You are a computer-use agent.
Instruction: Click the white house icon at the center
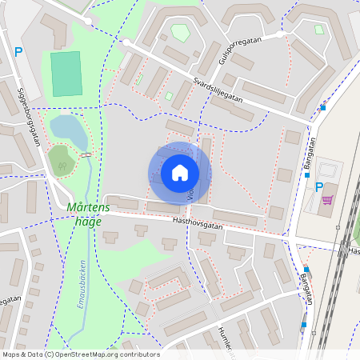179,173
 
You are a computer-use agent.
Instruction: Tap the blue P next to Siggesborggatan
18,54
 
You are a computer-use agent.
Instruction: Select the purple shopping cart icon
327,199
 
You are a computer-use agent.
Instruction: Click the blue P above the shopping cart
318,187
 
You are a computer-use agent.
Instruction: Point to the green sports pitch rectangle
66,74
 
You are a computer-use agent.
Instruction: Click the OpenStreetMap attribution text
80,354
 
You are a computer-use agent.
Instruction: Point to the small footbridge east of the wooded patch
86,154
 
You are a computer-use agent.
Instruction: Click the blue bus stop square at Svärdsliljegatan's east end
323,107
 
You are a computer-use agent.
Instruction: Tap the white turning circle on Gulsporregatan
280,34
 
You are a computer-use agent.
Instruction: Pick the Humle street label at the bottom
228,339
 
